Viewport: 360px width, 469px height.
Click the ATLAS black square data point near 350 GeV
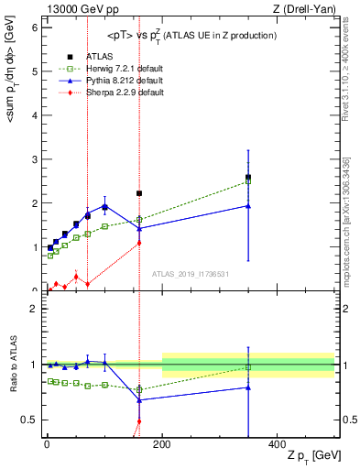pos(247,177)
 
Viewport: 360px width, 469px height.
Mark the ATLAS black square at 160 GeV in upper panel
pos(139,193)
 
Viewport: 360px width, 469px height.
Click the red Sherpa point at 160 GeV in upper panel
pos(139,243)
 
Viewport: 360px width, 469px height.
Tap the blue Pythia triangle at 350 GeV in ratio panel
pos(247,387)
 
